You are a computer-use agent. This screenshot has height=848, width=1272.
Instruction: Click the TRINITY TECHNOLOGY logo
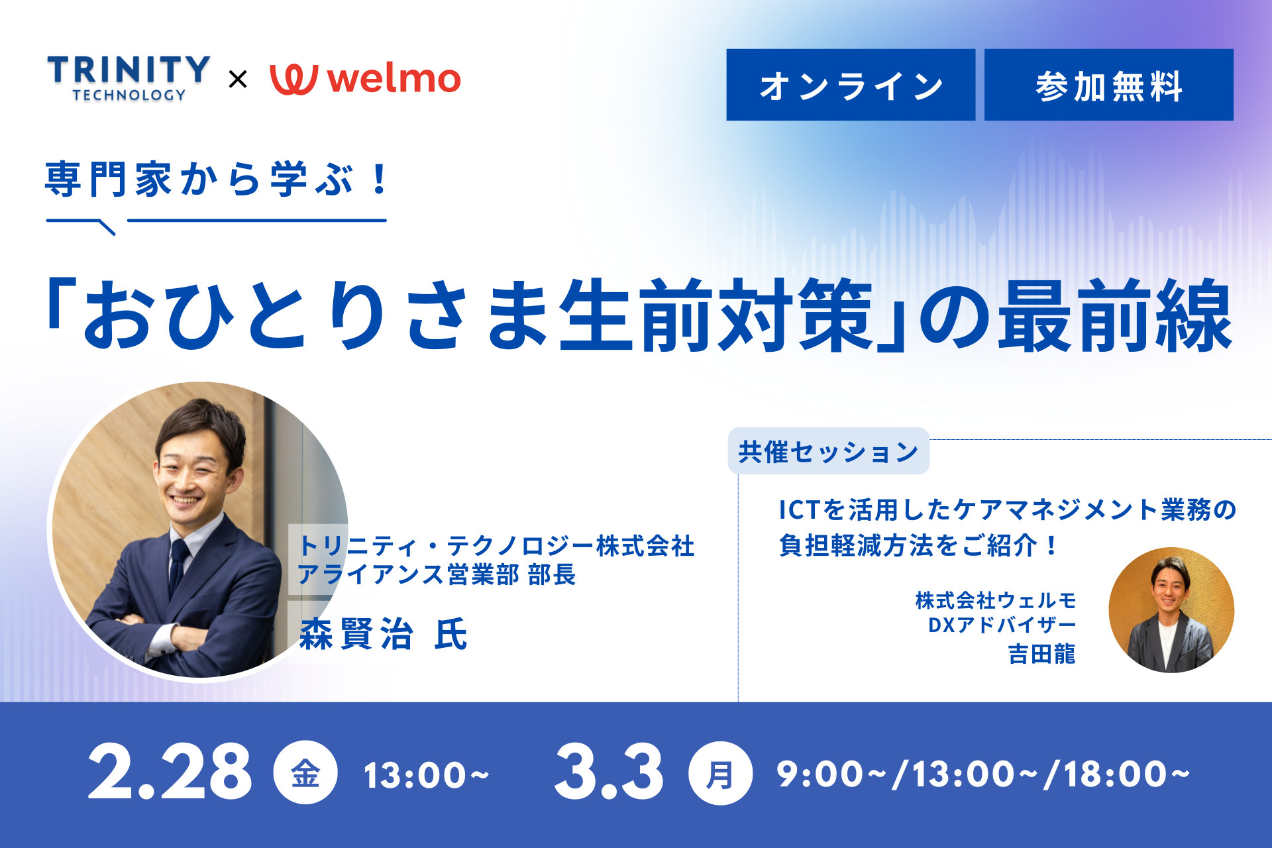pyautogui.click(x=129, y=78)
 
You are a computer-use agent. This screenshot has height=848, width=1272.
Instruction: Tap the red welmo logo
pyautogui.click(x=365, y=79)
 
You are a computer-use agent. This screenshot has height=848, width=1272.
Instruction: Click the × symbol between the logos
pyautogui.click(x=238, y=79)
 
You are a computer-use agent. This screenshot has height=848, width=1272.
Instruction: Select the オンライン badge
pyautogui.click(x=851, y=85)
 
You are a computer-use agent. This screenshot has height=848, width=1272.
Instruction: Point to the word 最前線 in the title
pyautogui.click(x=1115, y=315)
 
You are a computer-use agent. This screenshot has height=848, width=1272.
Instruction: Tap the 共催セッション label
pyautogui.click(x=828, y=451)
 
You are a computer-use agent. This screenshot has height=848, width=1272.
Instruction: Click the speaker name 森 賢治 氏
pyautogui.click(x=384, y=634)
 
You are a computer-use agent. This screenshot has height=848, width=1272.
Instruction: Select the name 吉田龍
pyautogui.click(x=1041, y=654)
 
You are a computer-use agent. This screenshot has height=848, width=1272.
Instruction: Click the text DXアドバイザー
pyautogui.click(x=1002, y=625)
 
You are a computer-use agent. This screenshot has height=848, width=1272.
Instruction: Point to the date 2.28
pyautogui.click(x=170, y=772)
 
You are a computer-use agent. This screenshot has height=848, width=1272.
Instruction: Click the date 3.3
pyautogui.click(x=609, y=772)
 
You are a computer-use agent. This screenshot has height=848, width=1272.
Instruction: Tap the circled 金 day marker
pyautogui.click(x=305, y=773)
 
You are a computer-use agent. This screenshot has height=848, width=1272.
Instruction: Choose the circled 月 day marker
pyautogui.click(x=720, y=773)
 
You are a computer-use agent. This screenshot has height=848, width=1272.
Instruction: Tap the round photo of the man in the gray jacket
pyautogui.click(x=1171, y=609)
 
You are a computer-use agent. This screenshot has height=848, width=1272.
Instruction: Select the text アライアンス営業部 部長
pyautogui.click(x=437, y=574)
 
